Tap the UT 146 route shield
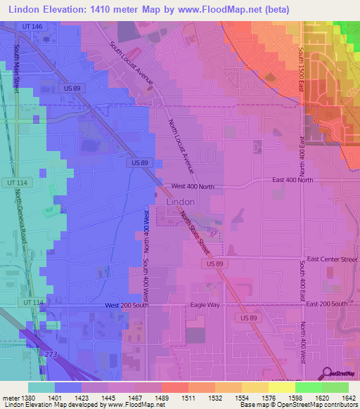pos(32,26)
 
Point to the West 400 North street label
pos(192,186)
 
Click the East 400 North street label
pos(292,180)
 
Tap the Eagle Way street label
pos(205,305)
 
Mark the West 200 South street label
pos(126,305)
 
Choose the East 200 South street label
pos(323,304)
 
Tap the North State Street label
pos(195,234)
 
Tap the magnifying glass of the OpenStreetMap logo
pos(326,372)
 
